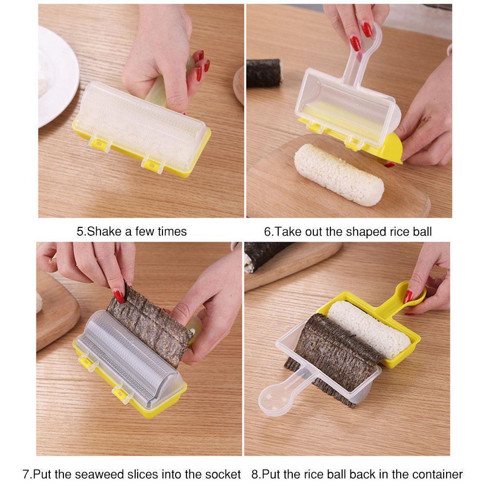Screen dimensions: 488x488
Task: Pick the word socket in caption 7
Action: click(225, 474)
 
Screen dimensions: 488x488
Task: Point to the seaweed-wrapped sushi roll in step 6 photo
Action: click(264, 73)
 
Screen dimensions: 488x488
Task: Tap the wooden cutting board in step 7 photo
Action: click(54, 312)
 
